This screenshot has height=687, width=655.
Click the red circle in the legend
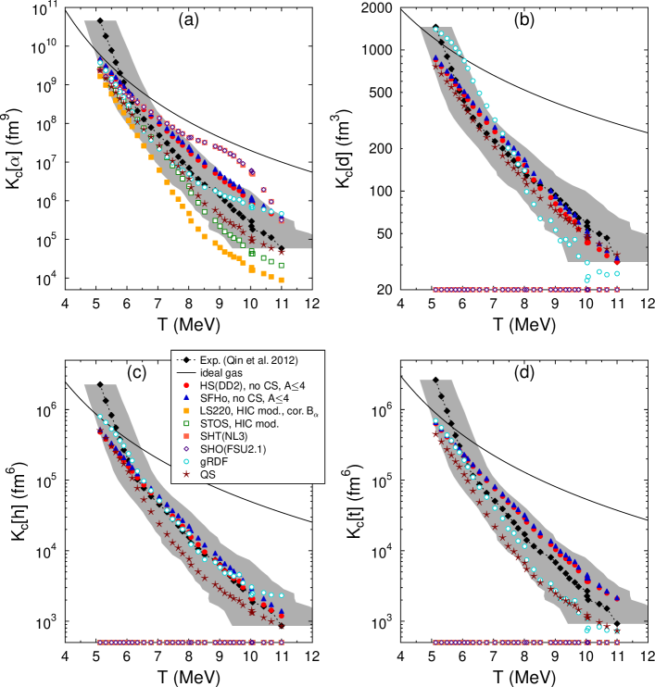(186, 385)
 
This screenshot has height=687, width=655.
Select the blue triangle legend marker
(186, 397)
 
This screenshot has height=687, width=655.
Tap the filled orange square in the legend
(186, 410)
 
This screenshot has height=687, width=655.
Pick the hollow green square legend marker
(186, 423)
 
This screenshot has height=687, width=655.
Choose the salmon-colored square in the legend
(186, 435)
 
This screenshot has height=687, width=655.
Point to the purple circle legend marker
(186, 448)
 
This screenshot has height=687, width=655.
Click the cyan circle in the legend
(186, 461)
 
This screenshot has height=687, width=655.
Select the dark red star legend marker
(186, 474)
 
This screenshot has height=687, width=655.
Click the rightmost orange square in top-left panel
(281, 280)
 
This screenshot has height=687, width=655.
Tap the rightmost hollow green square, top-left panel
(281, 265)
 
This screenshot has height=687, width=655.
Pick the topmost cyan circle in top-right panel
(435, 29)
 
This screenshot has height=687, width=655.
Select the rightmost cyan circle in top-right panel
(616, 273)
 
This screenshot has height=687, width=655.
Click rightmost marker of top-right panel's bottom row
(616, 290)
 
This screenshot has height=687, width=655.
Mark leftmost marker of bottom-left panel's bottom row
(100, 643)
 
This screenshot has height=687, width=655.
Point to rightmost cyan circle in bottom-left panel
(282, 595)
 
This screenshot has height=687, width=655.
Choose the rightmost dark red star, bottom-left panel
(282, 622)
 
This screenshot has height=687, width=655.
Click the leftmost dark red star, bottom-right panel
(435, 433)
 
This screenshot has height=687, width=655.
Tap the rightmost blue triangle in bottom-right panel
(617, 598)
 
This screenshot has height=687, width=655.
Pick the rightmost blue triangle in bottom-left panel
(282, 611)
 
